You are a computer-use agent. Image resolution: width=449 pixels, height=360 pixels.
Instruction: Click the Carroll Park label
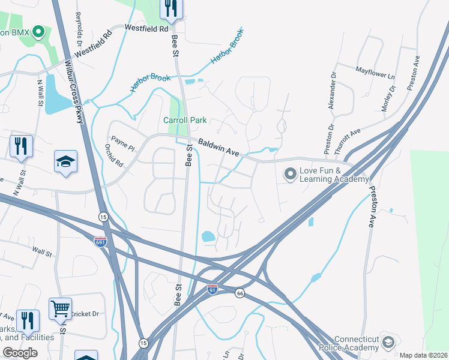185,120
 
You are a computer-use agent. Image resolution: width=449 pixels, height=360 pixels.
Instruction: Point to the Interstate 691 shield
100,241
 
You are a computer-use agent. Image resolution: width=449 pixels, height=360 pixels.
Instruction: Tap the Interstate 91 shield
212,289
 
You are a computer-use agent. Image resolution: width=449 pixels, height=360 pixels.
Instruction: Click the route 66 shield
240,292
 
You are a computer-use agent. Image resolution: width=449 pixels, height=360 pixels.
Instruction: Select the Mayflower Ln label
375,73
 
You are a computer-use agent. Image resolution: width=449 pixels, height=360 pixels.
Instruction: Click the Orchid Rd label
114,155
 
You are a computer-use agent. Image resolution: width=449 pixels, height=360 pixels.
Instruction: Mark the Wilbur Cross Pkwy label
76,91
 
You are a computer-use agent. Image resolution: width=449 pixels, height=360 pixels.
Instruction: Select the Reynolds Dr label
78,25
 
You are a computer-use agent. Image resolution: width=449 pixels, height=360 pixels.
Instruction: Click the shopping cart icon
60,309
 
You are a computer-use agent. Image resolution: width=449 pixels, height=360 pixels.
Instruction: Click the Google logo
20,353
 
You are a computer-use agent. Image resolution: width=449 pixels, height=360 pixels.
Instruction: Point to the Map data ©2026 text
424,355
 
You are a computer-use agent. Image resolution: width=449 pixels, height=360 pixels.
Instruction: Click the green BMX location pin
39,32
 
